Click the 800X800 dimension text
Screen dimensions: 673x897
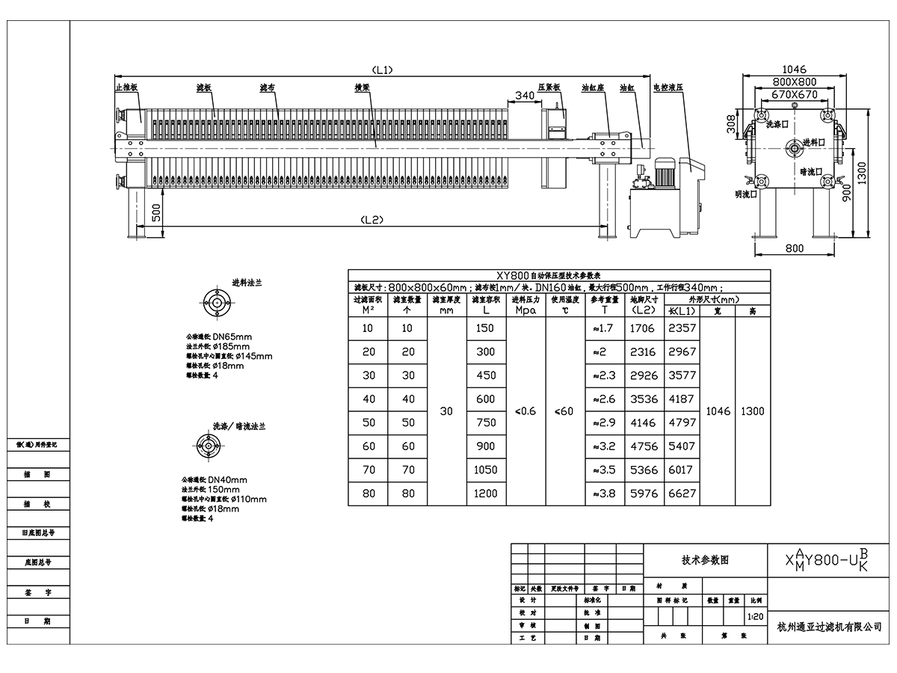[794, 82]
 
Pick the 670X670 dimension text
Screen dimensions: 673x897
[794, 95]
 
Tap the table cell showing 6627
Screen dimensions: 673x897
[682, 494]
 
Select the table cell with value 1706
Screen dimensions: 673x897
[642, 328]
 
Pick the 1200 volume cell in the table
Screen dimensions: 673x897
[485, 494]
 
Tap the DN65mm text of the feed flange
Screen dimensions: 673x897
[232, 337]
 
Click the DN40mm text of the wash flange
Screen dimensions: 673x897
[227, 480]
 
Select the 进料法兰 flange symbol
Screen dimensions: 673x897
[218, 303]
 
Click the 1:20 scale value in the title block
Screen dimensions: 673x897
[755, 618]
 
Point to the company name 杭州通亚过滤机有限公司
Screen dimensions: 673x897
[829, 627]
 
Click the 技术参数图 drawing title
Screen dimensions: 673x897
[704, 560]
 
